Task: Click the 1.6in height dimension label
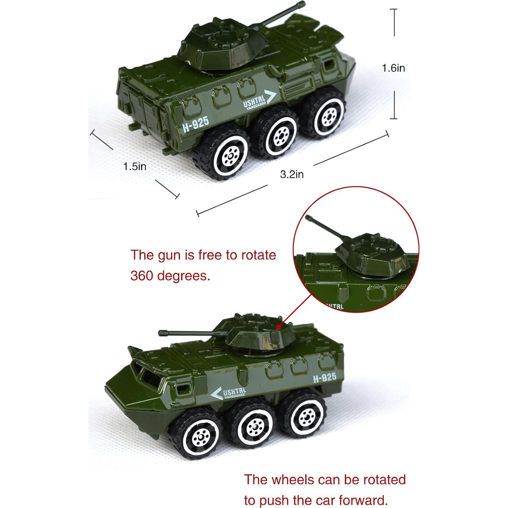click(x=393, y=68)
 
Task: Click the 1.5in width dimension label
click(x=135, y=166)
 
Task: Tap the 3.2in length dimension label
click(x=292, y=175)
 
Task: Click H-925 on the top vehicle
click(x=196, y=125)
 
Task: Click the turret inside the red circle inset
click(x=374, y=255)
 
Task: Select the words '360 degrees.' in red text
click(x=170, y=276)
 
